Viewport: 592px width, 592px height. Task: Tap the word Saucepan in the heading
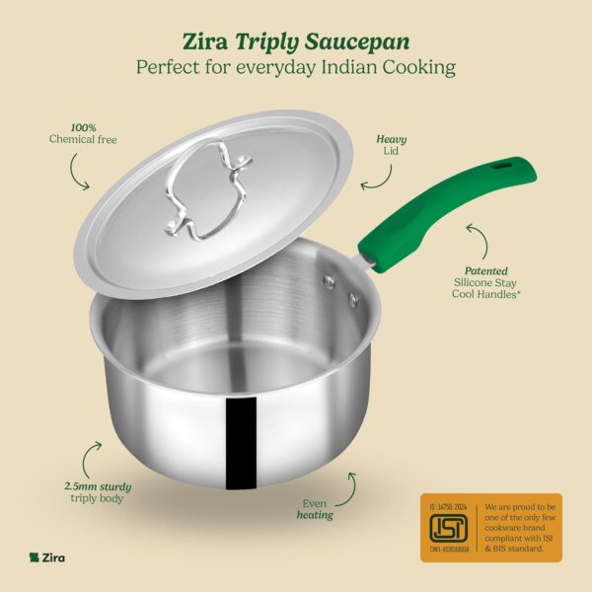pyautogui.click(x=359, y=41)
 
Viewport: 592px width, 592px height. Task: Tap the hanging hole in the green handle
pyautogui.click(x=499, y=167)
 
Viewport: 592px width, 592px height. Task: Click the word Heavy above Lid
pyautogui.click(x=391, y=139)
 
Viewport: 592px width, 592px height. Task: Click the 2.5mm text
pyautogui.click(x=80, y=486)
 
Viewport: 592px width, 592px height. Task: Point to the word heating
pyautogui.click(x=317, y=515)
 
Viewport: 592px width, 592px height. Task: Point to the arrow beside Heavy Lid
pyautogui.click(x=372, y=180)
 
